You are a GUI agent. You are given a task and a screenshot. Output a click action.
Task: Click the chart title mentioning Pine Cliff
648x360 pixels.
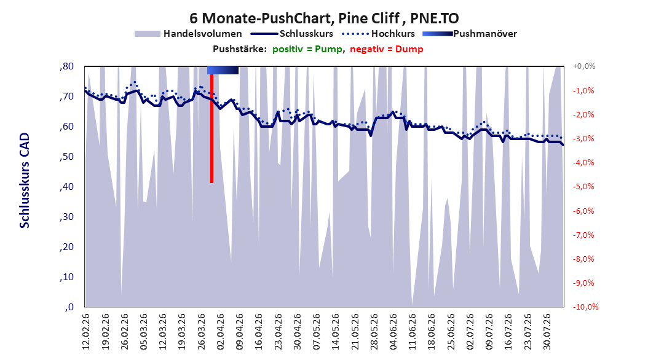[324, 18]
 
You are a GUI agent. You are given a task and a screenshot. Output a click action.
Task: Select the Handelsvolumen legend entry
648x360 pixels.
[189, 34]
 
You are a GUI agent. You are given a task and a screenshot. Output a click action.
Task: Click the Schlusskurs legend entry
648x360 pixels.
[292, 34]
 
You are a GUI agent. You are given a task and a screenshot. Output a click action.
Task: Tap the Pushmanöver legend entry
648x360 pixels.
[470, 34]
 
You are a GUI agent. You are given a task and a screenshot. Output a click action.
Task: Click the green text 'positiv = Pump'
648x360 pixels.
[307, 49]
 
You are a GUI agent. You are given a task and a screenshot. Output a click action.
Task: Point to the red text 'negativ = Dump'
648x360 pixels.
[387, 49]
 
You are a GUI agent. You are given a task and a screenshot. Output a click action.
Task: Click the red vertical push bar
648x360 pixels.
[211, 128]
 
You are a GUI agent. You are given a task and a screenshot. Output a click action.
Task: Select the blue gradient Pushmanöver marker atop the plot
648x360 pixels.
[223, 70]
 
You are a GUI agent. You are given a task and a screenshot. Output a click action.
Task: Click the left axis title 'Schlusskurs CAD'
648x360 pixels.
[25, 181]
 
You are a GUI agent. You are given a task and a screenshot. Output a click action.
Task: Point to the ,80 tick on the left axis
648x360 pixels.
[66, 66]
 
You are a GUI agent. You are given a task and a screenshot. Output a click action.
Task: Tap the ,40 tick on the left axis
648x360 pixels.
[66, 187]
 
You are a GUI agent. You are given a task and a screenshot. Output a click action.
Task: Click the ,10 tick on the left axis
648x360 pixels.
[66, 277]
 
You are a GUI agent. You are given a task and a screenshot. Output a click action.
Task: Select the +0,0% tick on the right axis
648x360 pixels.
[584, 66]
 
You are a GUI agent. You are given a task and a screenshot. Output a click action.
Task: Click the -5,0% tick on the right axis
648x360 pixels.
[583, 187]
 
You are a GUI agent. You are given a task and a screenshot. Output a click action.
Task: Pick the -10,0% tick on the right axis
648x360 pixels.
[585, 307]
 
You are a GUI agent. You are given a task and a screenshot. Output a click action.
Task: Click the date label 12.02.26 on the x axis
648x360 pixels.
[86, 332]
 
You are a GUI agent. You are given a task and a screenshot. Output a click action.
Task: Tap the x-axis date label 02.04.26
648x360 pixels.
[220, 332]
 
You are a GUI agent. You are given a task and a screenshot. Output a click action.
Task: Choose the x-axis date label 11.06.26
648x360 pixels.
[413, 332]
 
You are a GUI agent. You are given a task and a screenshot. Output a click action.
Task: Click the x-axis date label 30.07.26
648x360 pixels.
[547, 332]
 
